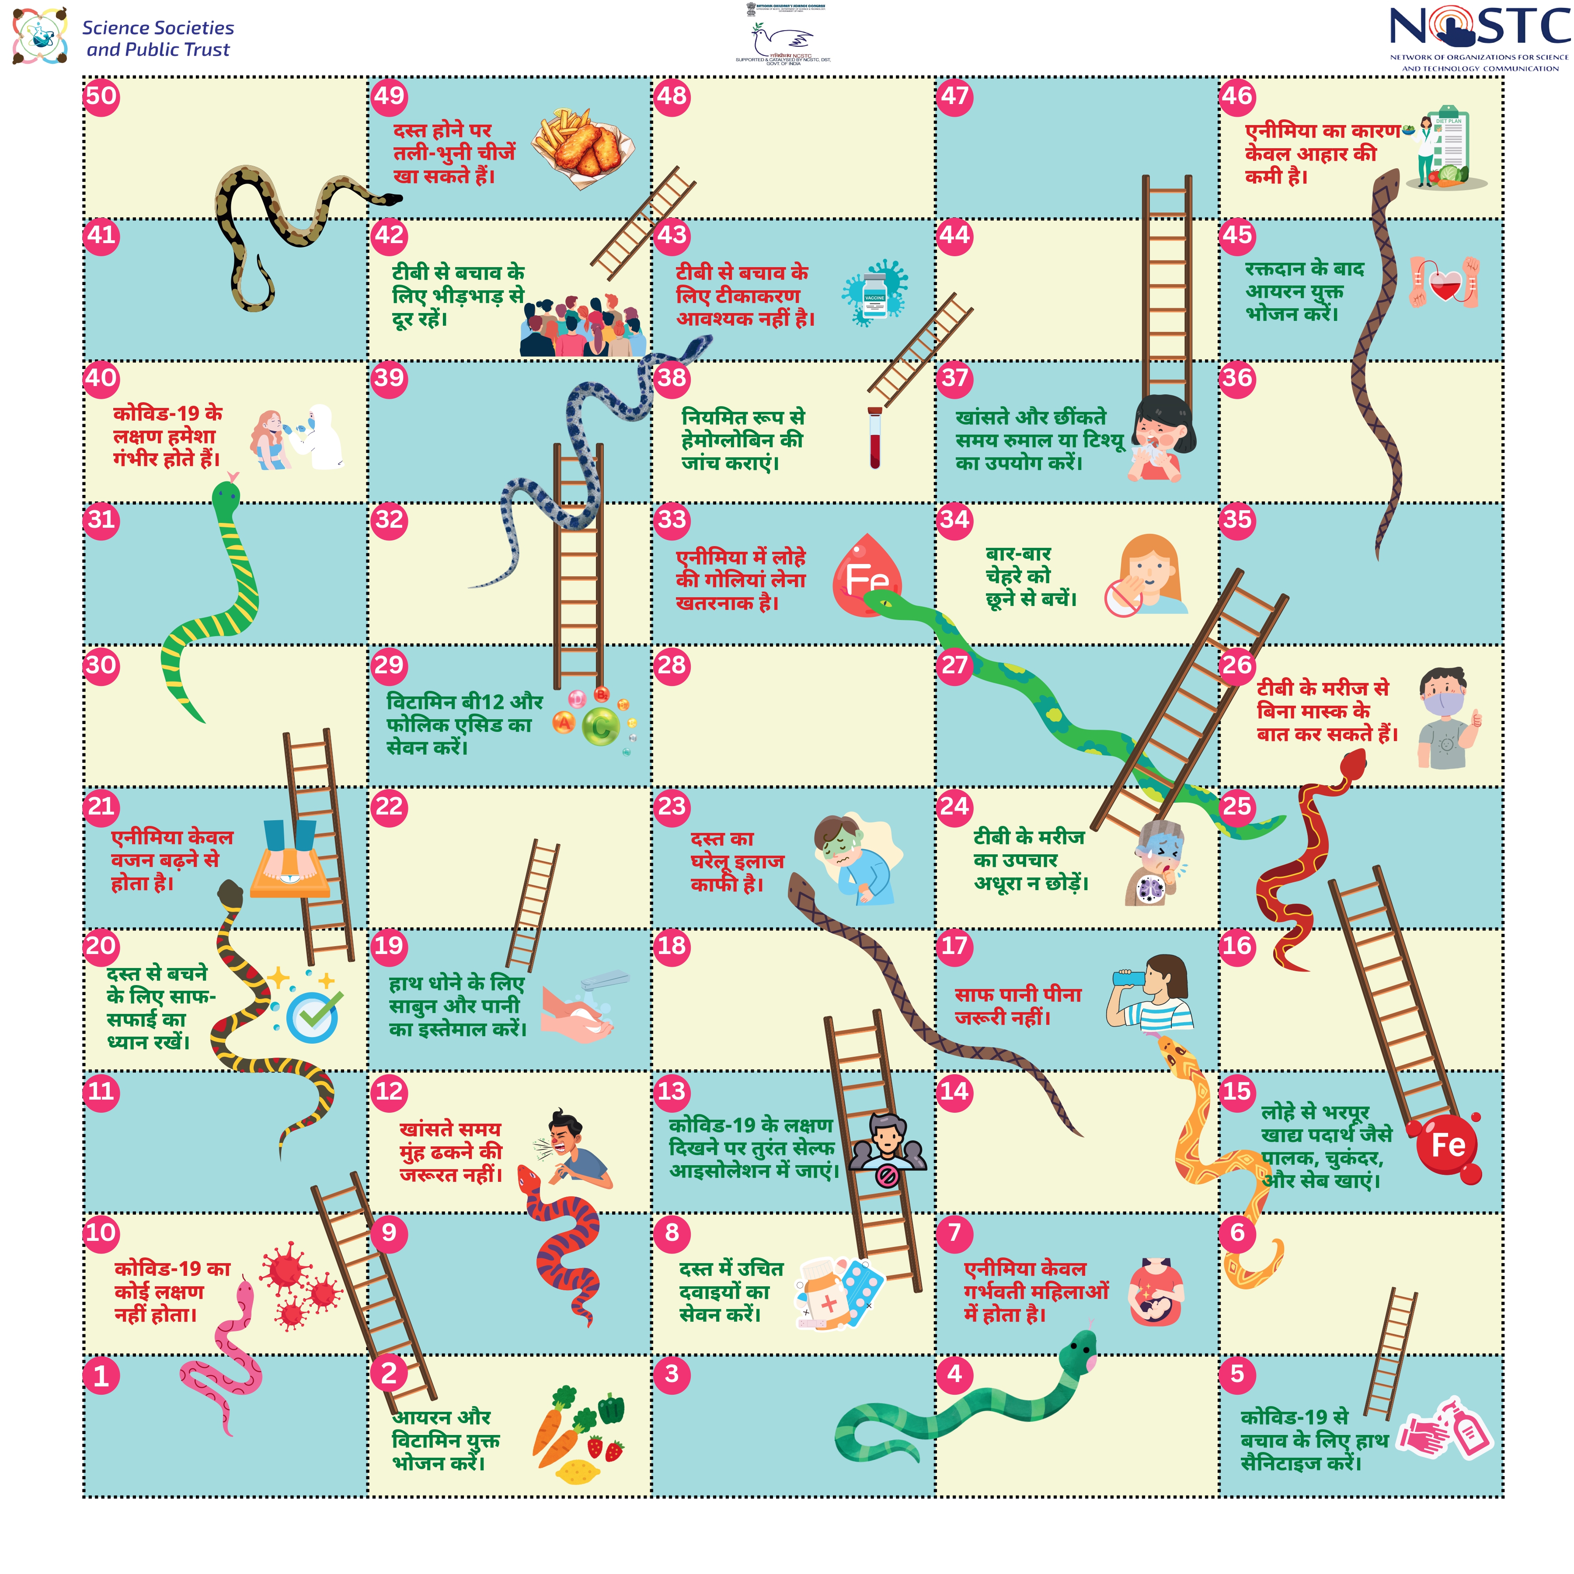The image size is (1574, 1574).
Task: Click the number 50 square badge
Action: (x=101, y=96)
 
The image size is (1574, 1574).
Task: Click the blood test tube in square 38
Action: (x=874, y=438)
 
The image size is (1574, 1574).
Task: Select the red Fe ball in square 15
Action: (x=1449, y=1145)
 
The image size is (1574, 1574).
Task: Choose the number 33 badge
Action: (x=671, y=520)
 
